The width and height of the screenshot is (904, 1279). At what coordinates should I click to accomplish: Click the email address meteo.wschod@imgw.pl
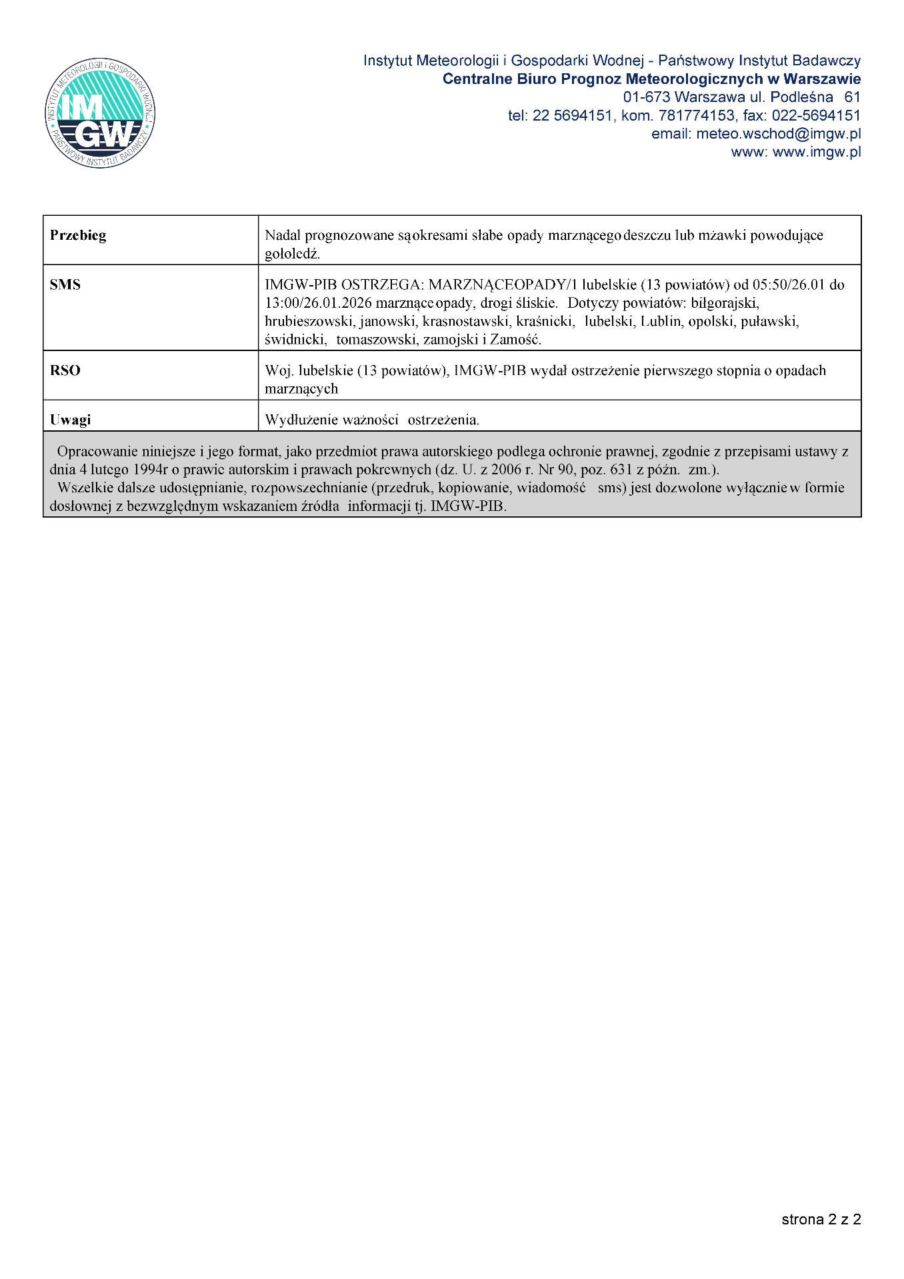[x=778, y=134]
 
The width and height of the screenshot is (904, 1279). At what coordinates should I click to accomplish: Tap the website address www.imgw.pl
[x=816, y=152]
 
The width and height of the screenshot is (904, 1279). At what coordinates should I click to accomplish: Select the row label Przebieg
[x=78, y=235]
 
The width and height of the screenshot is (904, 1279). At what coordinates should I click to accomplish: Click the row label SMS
[x=65, y=284]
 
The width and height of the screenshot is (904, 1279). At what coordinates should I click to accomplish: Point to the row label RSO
[x=65, y=370]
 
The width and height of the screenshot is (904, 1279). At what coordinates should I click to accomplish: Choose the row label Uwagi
[x=70, y=420]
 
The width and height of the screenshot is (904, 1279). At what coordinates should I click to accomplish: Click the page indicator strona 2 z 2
[x=821, y=1219]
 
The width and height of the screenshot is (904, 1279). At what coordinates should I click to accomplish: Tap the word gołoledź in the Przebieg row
[x=292, y=254]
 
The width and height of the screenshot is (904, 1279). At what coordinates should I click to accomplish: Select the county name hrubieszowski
[x=309, y=322]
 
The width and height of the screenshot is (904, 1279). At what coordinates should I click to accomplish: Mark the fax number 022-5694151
[x=816, y=116]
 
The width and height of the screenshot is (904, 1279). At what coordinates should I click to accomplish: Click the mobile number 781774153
[x=696, y=116]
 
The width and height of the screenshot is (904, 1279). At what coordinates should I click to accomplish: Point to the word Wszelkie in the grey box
[x=85, y=488]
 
